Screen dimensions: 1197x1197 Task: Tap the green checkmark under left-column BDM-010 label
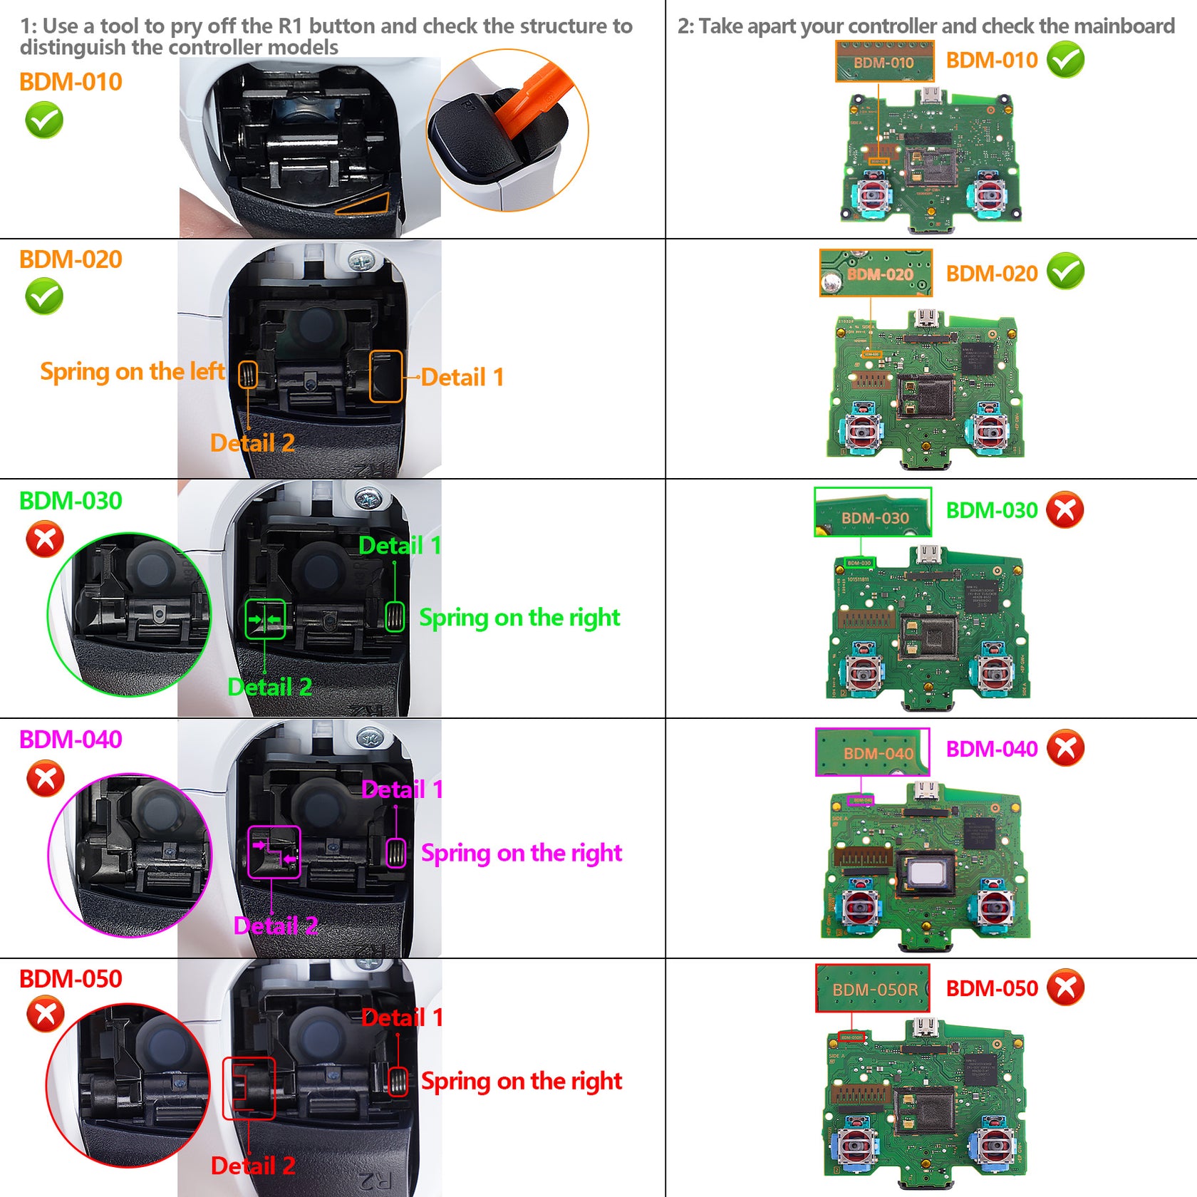pos(44,120)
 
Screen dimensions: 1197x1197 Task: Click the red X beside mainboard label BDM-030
pos(1065,510)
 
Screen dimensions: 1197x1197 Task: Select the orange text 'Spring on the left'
pos(132,372)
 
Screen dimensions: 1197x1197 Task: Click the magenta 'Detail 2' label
pos(275,926)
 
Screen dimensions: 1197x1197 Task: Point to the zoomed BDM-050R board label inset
pos(873,988)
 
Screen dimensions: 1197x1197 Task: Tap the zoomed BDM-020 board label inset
pos(876,274)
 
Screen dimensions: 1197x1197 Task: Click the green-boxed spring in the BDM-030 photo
pos(395,617)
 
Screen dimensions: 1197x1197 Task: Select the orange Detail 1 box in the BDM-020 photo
pos(386,376)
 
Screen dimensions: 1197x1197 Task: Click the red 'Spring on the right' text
pos(521,1082)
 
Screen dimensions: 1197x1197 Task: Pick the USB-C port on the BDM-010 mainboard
pos(930,95)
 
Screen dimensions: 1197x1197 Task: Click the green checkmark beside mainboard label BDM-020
pos(1065,271)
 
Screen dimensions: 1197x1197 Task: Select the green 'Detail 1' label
pos(400,546)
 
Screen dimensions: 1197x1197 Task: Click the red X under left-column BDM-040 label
pos(45,779)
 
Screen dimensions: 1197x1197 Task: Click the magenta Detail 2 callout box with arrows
pos(274,852)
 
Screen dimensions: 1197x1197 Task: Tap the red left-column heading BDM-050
pos(71,979)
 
